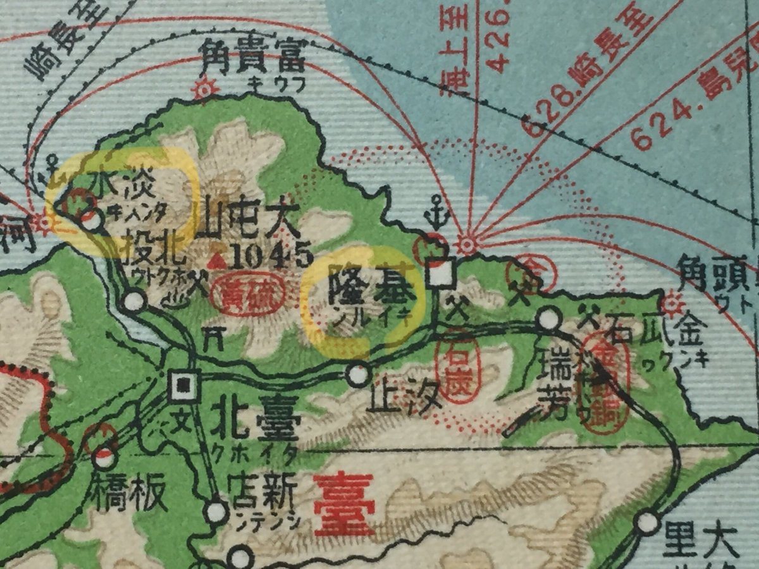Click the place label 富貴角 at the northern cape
(252, 59)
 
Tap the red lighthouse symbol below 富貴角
(205, 89)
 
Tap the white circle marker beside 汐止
(359, 374)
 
